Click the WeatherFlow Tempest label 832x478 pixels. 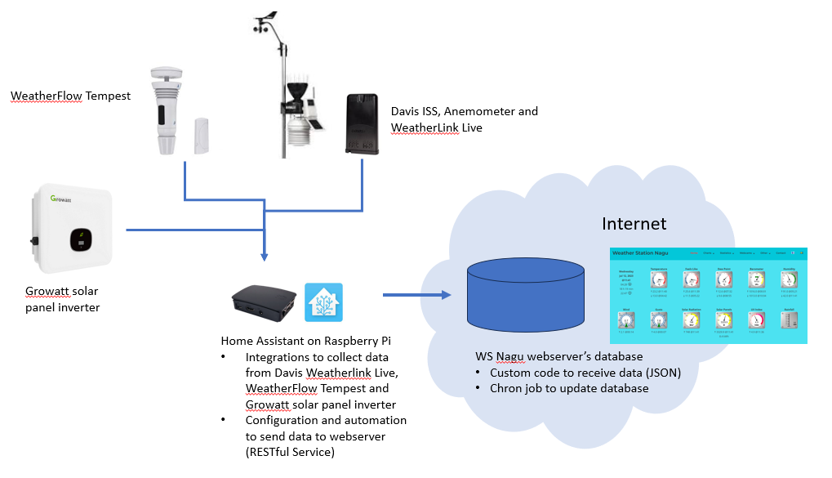70,96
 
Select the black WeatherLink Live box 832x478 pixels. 362,123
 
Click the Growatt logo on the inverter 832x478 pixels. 63,199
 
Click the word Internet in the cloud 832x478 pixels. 634,223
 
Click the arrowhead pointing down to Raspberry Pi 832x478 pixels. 265,256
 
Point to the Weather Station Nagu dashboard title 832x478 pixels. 646,253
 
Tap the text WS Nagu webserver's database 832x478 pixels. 558,356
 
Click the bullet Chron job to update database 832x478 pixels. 570,388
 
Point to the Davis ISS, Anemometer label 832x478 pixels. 465,111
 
